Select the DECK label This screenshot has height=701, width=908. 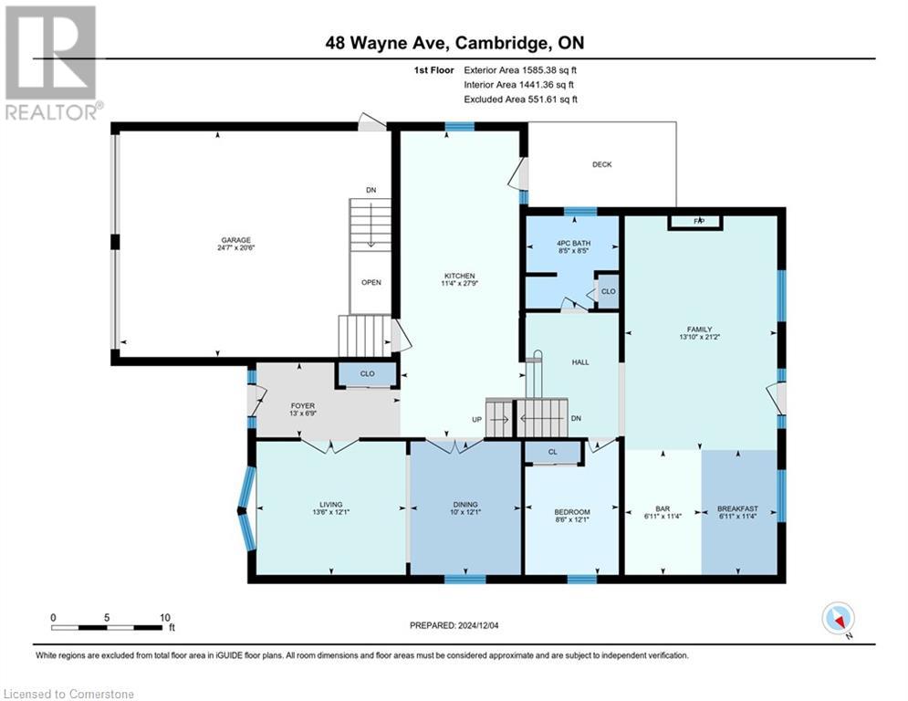pos(601,164)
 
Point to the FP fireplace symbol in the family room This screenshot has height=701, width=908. pos(698,221)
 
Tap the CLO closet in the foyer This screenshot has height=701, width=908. pos(367,373)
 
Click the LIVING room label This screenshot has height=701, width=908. pos(330,505)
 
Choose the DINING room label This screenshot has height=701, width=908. pos(465,505)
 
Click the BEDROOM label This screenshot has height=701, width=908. pos(572,511)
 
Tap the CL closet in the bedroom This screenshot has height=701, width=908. pos(552,452)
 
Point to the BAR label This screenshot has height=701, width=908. pos(663,509)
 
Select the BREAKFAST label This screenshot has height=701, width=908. pos(737,509)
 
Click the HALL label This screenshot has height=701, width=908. pos(580,362)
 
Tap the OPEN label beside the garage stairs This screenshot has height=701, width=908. pos(371,282)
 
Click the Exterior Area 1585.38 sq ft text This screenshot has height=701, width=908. pos(520,68)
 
